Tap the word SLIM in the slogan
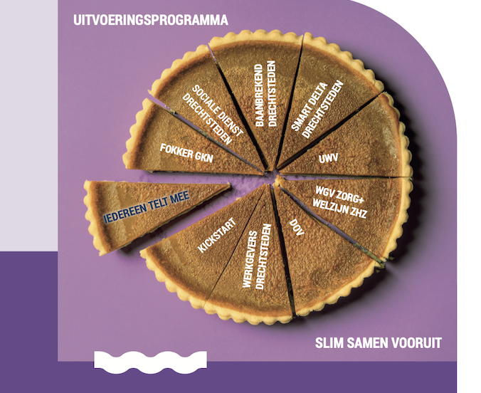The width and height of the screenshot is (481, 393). (328, 343)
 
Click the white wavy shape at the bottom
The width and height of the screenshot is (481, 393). (150, 360)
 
